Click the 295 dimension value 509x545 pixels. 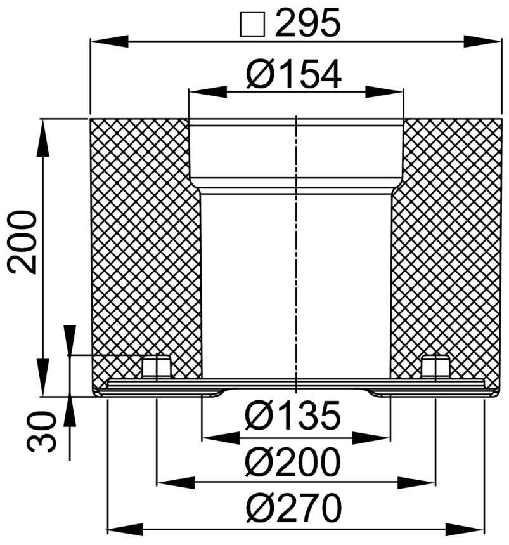307,23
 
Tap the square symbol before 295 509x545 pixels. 252,24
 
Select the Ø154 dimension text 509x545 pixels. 293,74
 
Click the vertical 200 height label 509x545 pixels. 22,242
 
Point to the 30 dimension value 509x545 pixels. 42,431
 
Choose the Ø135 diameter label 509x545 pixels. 293,416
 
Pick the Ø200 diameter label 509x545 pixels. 293,462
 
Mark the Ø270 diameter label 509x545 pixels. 293,508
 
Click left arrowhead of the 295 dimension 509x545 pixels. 110,41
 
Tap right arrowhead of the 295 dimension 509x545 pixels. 482,41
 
